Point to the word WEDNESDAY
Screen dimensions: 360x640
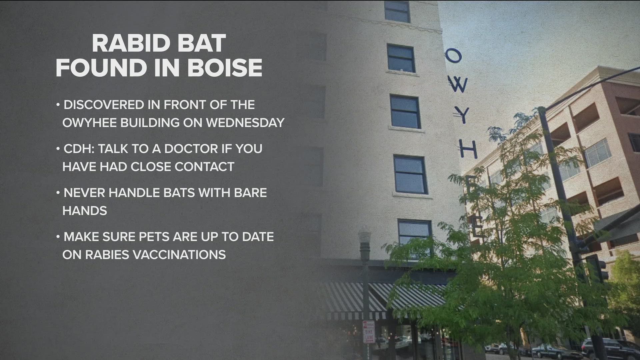coord(245,123)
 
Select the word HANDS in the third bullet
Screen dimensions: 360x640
coord(85,211)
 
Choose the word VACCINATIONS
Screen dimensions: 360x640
coord(179,255)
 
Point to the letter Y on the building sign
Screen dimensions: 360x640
coord(463,116)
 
